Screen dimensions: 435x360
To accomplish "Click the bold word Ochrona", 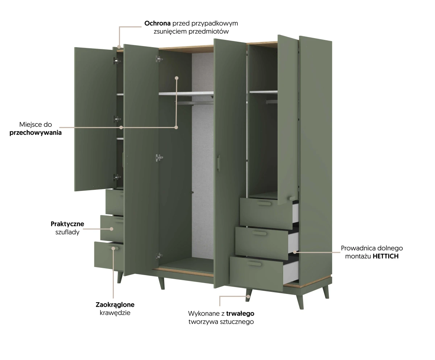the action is click(157, 23).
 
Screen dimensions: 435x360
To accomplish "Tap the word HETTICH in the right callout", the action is click(385, 256).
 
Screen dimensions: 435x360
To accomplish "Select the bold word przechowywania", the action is click(36, 133).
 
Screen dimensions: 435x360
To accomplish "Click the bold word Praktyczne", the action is click(67, 224).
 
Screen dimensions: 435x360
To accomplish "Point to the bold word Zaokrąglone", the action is click(115, 305).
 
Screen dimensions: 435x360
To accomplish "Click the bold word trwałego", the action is click(240, 314).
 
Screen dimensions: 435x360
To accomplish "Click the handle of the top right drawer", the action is click(264, 204).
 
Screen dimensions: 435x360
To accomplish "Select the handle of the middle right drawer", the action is click(260, 233).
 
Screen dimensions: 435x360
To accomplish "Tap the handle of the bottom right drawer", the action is click(254, 264).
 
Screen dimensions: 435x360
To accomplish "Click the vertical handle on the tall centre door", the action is click(218, 163).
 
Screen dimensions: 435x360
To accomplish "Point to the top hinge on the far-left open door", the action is click(117, 61).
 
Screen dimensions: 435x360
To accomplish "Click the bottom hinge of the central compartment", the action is click(159, 256).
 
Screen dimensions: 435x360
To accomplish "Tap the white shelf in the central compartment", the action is click(186, 93).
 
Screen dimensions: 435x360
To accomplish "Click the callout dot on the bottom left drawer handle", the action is click(113, 249).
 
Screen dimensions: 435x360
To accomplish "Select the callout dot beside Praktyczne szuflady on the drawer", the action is click(111, 229).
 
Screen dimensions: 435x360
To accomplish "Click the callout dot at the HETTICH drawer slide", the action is click(295, 252).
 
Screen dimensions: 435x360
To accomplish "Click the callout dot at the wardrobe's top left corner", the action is click(119, 47).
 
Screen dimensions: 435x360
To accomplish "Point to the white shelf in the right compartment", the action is click(264, 92).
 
